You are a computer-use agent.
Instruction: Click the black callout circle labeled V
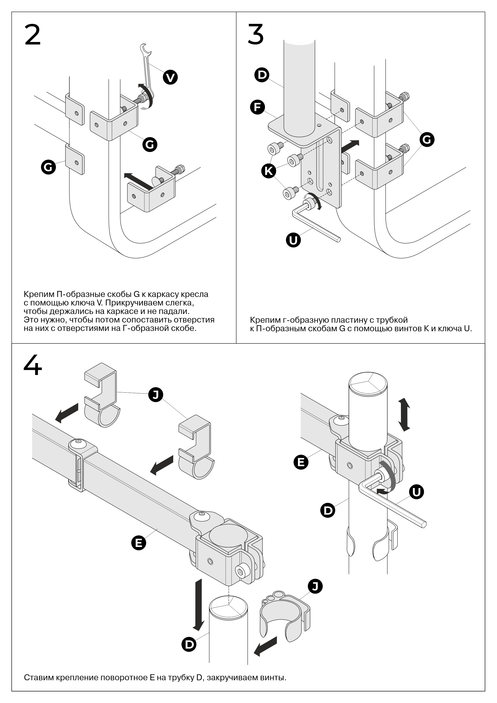coord(170,77)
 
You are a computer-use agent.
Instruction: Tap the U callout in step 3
coord(293,240)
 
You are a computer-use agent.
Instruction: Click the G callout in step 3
coord(427,140)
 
